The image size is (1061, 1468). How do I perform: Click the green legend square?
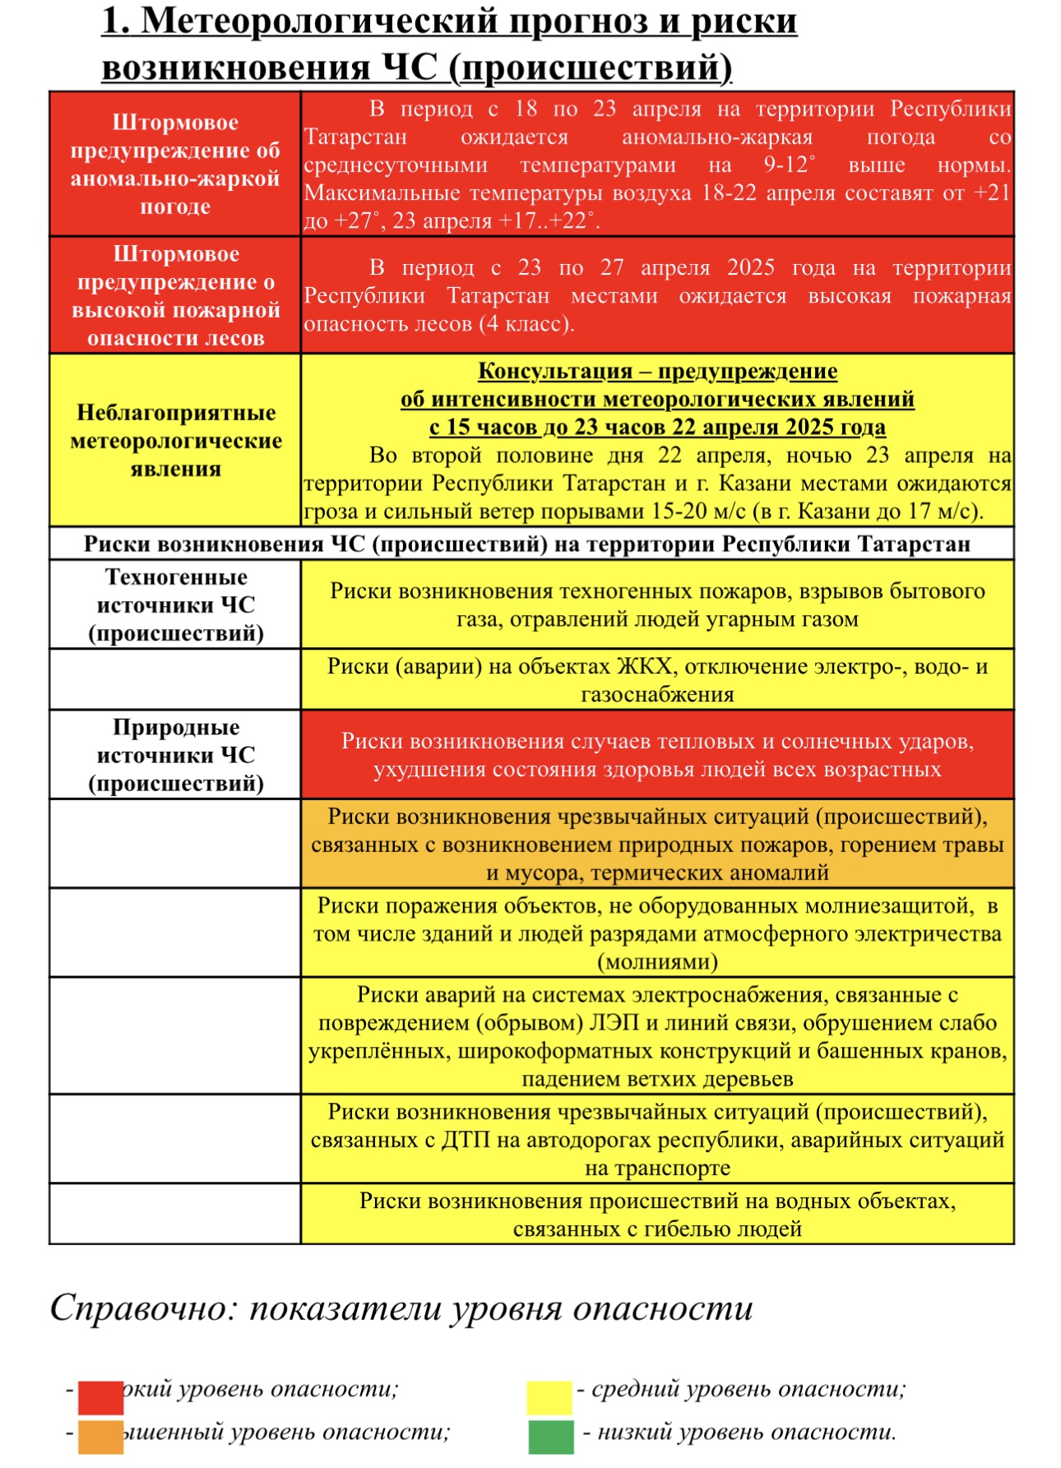point(550,1437)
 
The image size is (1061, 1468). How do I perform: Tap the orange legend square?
point(100,1437)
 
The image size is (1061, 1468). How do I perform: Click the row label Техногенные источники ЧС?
point(175,605)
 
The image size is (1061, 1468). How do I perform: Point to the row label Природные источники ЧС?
point(175,755)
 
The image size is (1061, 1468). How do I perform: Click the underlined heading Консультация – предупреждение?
point(657,372)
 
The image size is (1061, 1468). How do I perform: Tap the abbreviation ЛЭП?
point(610,1023)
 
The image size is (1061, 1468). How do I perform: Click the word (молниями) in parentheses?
point(657,962)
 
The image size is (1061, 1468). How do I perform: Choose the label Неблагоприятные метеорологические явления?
point(175,441)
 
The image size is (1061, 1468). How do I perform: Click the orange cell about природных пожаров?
point(657,845)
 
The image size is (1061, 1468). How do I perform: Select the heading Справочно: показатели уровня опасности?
point(401,1308)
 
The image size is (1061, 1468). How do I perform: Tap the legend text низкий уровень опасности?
point(745,1432)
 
